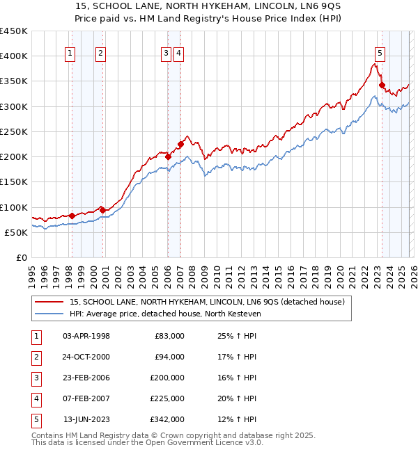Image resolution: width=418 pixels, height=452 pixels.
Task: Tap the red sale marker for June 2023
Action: click(x=382, y=86)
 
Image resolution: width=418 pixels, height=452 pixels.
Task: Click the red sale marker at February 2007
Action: click(x=180, y=145)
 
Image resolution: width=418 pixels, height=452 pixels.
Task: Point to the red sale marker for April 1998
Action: click(x=72, y=216)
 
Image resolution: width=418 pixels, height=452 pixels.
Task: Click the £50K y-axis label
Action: click(x=17, y=232)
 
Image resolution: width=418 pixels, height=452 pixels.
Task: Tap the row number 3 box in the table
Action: click(x=34, y=378)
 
